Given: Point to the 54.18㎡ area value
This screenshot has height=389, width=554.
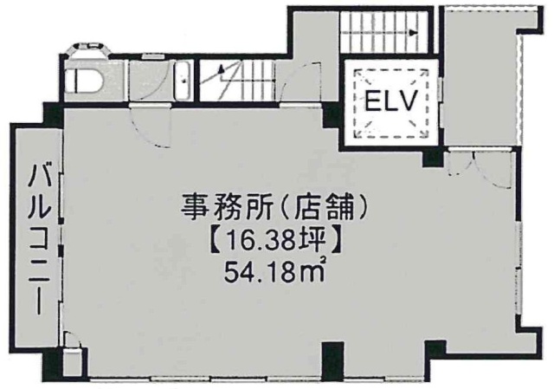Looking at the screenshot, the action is coord(275,271).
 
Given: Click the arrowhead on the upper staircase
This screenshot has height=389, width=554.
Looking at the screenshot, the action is coord(413,33).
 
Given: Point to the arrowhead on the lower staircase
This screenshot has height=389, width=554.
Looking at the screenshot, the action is coord(222,69).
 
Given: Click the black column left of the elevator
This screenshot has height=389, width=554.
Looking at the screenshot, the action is coord(332,115).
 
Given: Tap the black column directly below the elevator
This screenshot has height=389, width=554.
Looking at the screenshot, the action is coord(433,158).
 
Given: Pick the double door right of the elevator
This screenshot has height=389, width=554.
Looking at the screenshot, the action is coord(479,168).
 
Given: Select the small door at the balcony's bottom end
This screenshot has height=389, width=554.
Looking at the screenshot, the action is coord(74,340).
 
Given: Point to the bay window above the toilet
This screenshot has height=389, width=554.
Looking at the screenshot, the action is coord(89,50).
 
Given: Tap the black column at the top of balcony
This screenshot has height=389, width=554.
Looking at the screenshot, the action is coord(53,115).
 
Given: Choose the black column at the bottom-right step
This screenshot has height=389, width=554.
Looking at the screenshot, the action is coord(435,351).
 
